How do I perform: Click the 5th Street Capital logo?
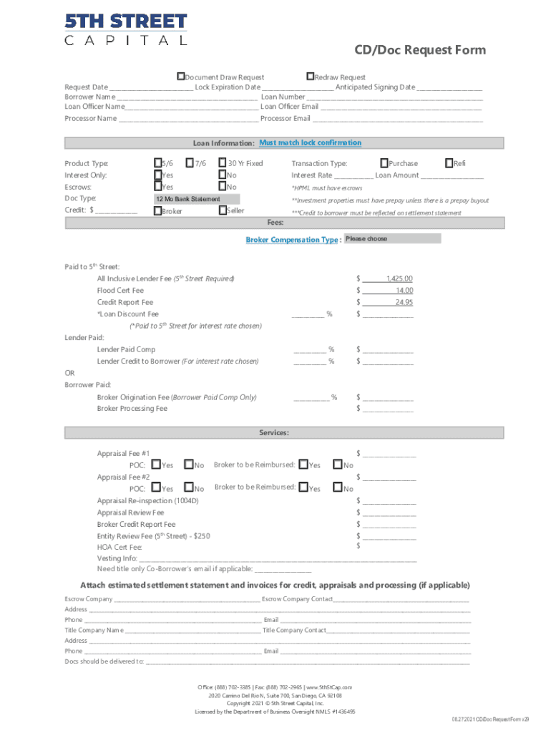click(x=126, y=29)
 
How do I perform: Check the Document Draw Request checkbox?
click(x=181, y=77)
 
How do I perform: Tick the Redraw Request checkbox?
click(x=310, y=77)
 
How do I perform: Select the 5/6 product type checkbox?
click(x=158, y=163)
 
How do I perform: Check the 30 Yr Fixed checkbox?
click(x=223, y=163)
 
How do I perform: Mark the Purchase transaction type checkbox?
click(x=384, y=163)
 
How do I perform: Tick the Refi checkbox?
click(x=449, y=163)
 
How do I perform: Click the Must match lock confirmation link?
click(x=310, y=143)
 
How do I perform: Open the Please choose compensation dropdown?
click(x=392, y=239)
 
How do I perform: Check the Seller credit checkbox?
click(x=223, y=210)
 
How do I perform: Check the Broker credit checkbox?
click(x=158, y=211)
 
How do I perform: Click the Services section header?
click(x=274, y=433)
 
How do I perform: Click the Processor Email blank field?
click(x=397, y=119)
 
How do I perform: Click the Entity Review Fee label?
click(x=153, y=535)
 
